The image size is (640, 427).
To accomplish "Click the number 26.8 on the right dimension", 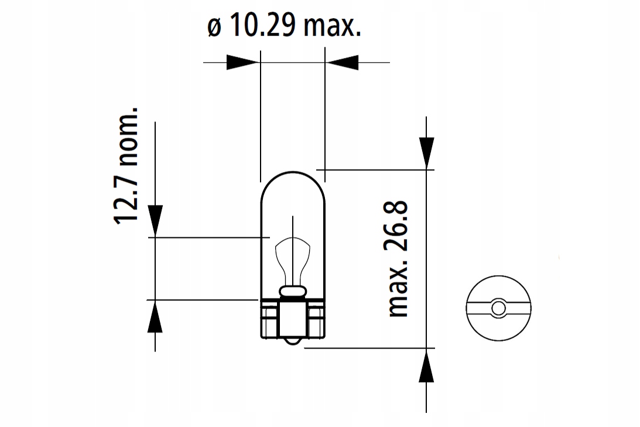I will click(x=398, y=226).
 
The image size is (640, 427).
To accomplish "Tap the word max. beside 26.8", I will click(x=398, y=286).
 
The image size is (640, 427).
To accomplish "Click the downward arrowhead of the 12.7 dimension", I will click(x=155, y=220).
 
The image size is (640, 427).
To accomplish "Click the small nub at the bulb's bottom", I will click(x=292, y=341).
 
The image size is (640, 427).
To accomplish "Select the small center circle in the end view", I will click(x=498, y=307).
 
